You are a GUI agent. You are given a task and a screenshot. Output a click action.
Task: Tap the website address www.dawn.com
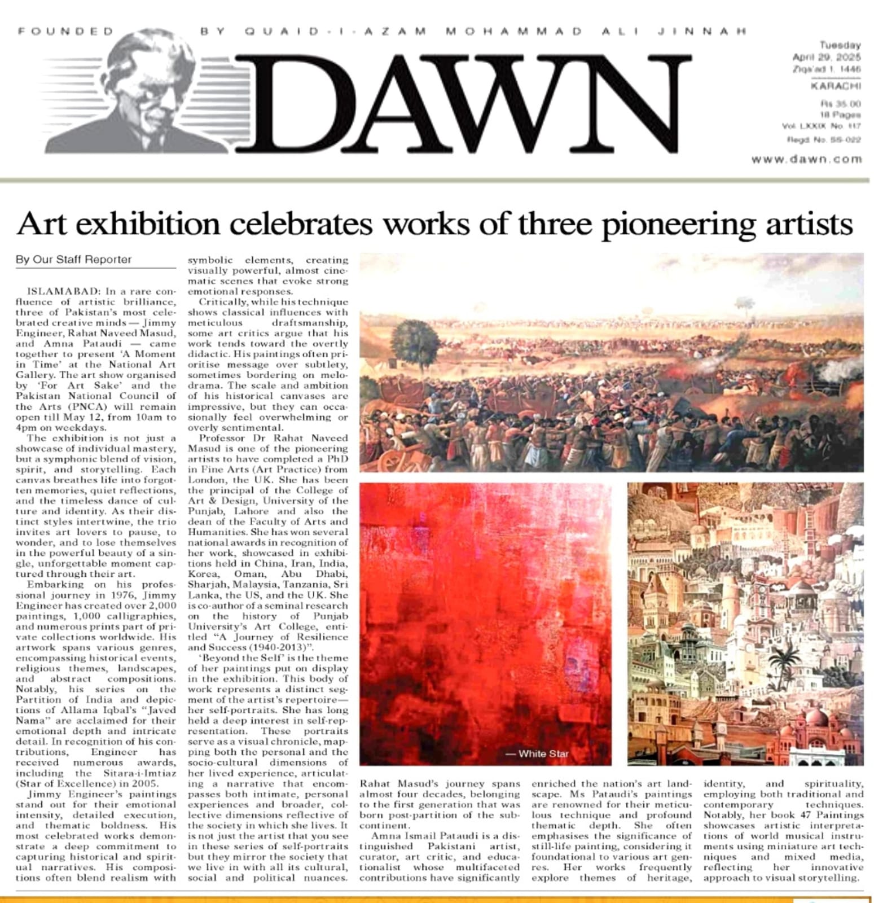point(806,159)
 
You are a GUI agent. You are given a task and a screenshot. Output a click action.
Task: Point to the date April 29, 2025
point(826,57)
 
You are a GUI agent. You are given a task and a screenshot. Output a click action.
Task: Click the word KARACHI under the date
point(836,86)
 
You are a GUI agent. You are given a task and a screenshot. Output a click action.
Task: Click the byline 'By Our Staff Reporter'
point(73,260)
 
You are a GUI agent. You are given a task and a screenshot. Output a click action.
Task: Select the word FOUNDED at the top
point(65,31)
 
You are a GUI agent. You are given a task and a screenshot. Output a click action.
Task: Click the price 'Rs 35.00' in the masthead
point(840,104)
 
